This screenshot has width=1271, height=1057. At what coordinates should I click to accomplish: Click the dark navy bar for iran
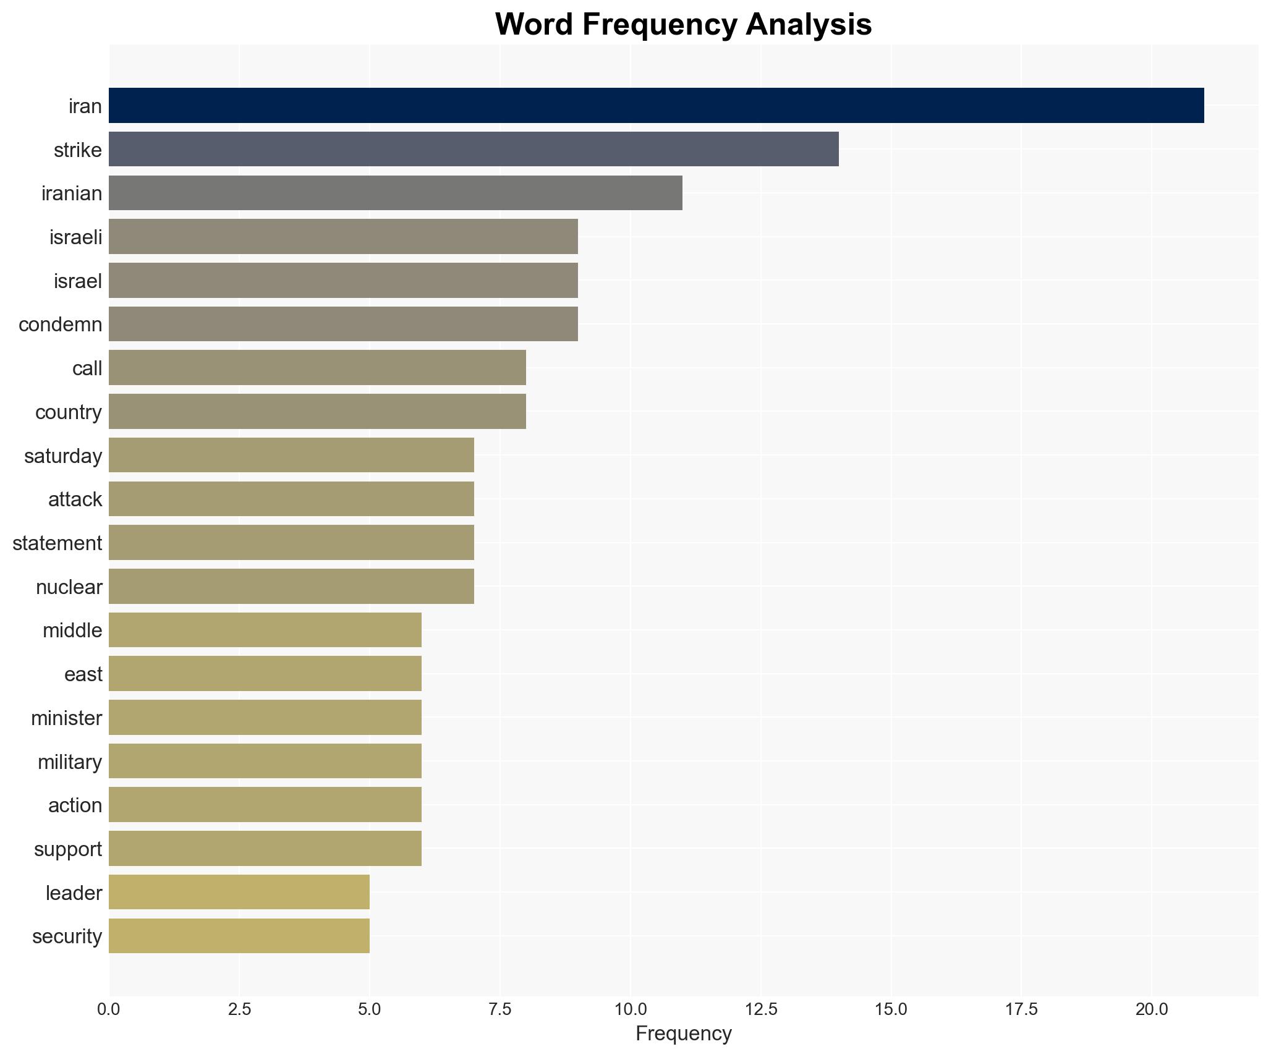coord(656,106)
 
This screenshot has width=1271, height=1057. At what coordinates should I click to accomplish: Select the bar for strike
coord(474,149)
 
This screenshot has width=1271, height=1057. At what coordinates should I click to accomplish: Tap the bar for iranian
coord(396,193)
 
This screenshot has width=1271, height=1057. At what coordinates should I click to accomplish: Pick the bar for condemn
coord(343,324)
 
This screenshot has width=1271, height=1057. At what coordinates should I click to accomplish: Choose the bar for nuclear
coord(291,586)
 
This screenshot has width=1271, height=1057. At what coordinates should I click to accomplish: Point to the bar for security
coord(239,936)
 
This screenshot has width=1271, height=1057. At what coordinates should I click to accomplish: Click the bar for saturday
coord(291,455)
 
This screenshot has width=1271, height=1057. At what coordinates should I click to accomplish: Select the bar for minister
coord(265,718)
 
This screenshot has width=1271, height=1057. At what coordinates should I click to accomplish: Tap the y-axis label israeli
coord(75,237)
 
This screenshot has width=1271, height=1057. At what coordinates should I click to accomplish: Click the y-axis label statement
coord(57,543)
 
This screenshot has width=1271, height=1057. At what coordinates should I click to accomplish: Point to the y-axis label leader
coord(74,893)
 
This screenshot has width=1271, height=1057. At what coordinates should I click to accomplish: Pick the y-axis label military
coord(69,762)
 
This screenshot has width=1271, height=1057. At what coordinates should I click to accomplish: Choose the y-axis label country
coord(68,412)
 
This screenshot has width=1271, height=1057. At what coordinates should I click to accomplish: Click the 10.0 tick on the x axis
coord(631,1009)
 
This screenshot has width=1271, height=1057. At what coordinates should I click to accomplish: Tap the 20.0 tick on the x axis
coord(1152,1009)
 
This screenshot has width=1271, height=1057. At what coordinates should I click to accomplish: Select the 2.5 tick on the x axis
coord(239,1009)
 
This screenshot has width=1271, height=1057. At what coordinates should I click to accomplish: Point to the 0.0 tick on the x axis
coord(109,1009)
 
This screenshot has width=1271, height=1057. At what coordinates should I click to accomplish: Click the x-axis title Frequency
coord(683,1034)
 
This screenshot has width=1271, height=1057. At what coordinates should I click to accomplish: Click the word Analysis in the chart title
coord(808,25)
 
